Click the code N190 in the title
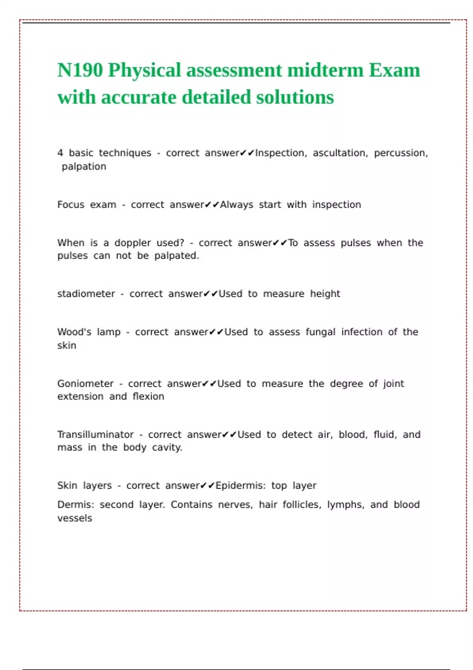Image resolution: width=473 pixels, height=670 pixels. pyautogui.click(x=80, y=71)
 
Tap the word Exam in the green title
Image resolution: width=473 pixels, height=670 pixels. pyautogui.click(x=395, y=71)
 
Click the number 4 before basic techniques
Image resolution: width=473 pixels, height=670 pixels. pyautogui.click(x=60, y=153)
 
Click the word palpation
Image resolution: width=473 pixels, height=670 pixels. pyautogui.click(x=84, y=167)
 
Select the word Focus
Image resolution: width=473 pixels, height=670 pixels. pyautogui.click(x=71, y=205)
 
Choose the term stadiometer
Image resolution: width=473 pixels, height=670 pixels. pyautogui.click(x=86, y=294)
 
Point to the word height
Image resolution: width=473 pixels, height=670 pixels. pyautogui.click(x=325, y=294)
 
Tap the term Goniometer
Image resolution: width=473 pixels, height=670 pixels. pyautogui.click(x=85, y=384)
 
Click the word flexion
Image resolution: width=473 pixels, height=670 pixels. pyautogui.click(x=148, y=396)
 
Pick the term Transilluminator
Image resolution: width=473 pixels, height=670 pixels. pyautogui.click(x=95, y=435)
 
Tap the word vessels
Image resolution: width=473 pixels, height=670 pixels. pyautogui.click(x=74, y=518)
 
